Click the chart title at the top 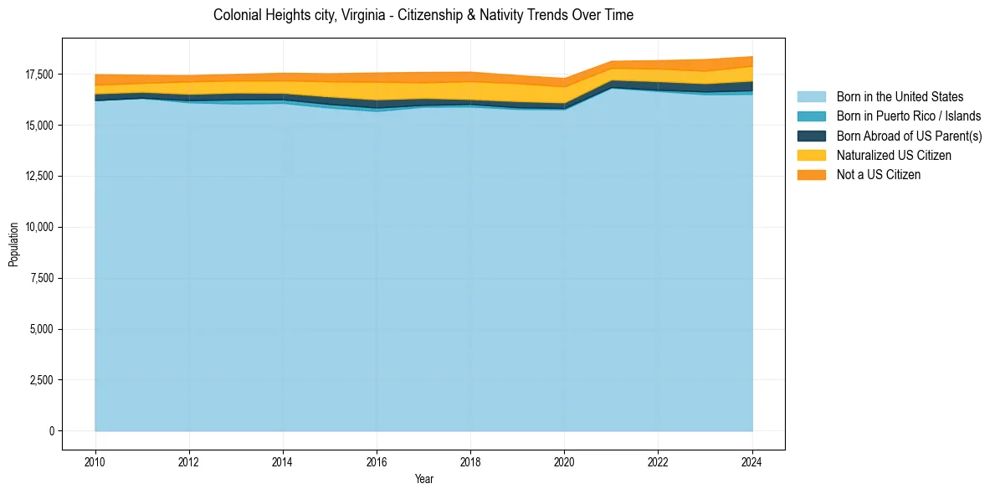pos(423,15)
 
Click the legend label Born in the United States pos(900,97)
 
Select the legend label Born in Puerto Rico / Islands pos(909,116)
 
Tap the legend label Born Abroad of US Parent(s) pos(909,136)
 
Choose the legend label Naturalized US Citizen pos(894,156)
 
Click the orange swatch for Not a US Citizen pos(811,175)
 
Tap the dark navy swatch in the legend pos(811,136)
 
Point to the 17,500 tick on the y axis pos(39,75)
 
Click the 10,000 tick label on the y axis pos(39,227)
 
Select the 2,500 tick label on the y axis pos(42,380)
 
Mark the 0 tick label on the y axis pos(51,431)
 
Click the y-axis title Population pos(13,244)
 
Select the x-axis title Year pos(423,479)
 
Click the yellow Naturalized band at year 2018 pos(470,90)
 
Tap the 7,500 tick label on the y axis pos(42,278)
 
